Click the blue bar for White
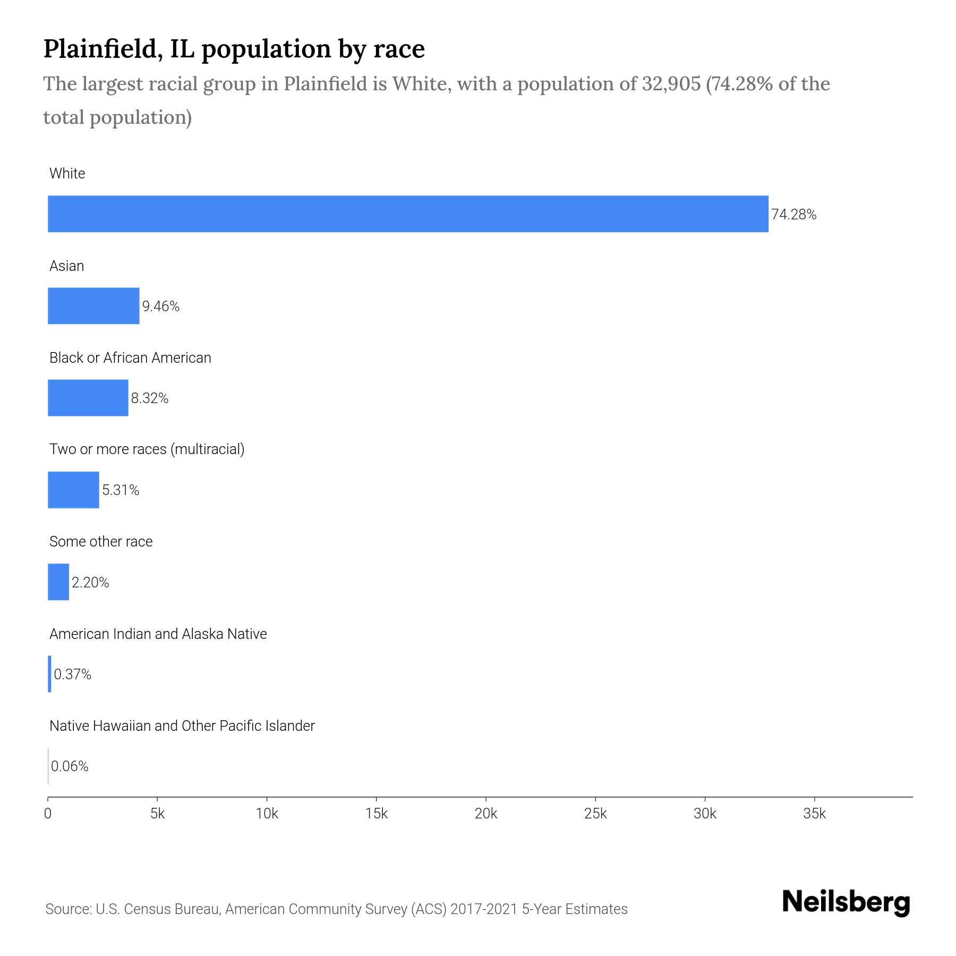[408, 214]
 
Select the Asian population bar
[93, 306]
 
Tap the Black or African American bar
[88, 398]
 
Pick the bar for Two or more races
[73, 490]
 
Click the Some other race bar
[58, 582]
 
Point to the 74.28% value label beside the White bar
[793, 215]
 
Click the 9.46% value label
[161, 306]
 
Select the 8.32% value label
[150, 398]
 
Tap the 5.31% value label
[121, 490]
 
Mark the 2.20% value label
[90, 583]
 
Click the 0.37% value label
[73, 675]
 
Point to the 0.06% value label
[70, 766]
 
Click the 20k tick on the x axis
[486, 814]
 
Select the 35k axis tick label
[814, 814]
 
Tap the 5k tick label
[157, 814]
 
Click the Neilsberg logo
[846, 902]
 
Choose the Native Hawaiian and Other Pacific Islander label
[182, 725]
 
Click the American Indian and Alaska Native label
[158, 634]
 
